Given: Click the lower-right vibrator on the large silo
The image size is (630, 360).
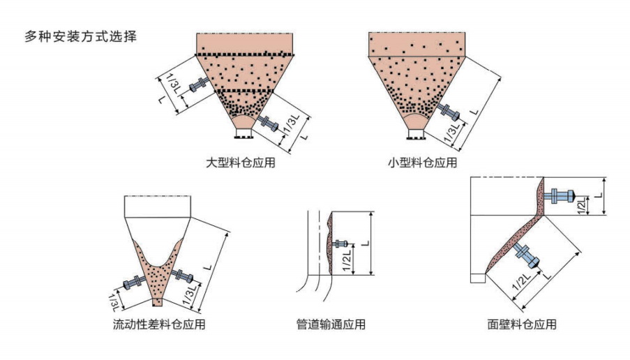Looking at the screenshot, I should (x=267, y=123).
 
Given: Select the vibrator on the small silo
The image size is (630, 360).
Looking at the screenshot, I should (x=448, y=111).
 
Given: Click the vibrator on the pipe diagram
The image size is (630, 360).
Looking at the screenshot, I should (x=340, y=243).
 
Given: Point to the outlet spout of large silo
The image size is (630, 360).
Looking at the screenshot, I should (x=243, y=132).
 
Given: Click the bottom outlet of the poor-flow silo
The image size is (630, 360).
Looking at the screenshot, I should (x=158, y=301).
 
